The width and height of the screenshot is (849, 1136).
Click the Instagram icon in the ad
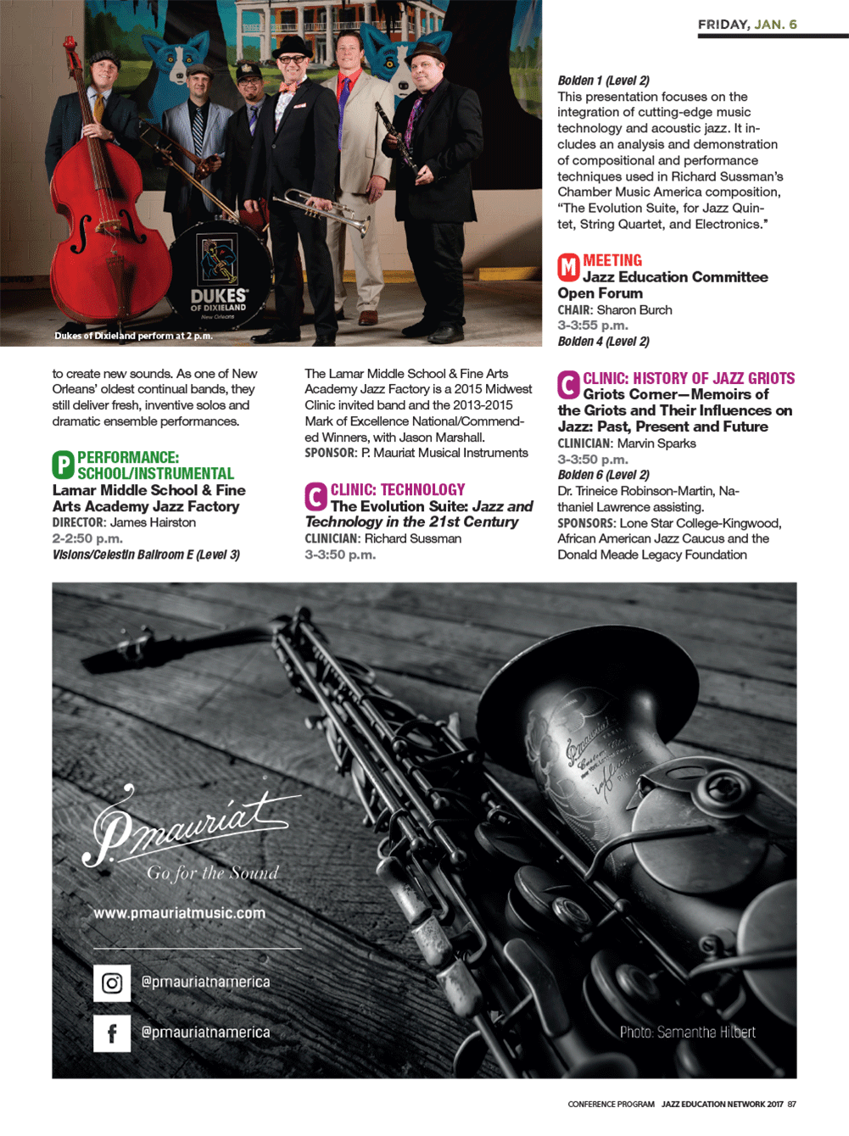112,983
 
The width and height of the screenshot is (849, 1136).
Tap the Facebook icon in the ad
112,1033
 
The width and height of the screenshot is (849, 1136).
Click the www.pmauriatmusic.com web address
179,913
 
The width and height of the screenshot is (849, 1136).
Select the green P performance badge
63,465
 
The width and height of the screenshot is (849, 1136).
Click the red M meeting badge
568,268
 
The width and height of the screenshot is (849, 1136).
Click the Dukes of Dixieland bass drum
219,276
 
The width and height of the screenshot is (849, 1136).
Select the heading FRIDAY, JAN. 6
747,25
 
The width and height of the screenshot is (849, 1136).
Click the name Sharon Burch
634,310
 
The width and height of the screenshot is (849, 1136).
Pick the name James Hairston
153,523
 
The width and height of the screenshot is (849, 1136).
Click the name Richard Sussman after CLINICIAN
413,539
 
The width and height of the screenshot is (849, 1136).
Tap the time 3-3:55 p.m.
593,326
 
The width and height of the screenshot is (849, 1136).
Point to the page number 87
791,1105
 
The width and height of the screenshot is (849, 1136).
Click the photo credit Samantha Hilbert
687,1033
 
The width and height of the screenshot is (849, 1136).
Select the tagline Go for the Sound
212,873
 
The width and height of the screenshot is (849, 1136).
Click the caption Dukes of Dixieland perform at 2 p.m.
133,337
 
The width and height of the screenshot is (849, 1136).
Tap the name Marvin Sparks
656,444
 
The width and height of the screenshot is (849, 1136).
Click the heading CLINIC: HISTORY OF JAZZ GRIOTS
689,379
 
